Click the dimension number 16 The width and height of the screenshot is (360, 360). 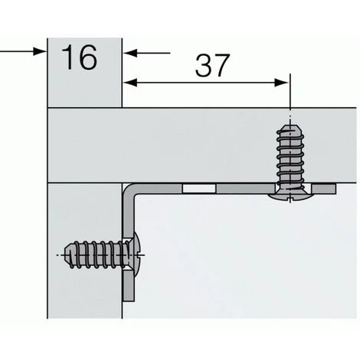click(x=80, y=57)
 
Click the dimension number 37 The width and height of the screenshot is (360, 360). click(x=212, y=66)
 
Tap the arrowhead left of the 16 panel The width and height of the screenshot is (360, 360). click(x=40, y=51)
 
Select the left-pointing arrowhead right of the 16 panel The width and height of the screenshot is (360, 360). click(x=130, y=53)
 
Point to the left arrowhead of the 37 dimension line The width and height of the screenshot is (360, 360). click(x=130, y=83)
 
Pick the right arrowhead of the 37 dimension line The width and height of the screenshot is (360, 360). click(x=281, y=83)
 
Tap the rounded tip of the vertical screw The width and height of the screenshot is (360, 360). click(x=290, y=128)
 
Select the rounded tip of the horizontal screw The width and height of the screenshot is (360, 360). click(x=67, y=255)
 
